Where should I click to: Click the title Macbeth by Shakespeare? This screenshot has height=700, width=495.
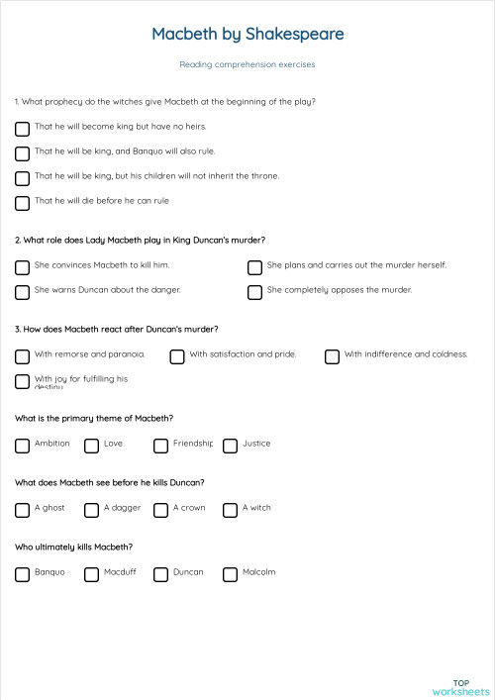[x=247, y=35]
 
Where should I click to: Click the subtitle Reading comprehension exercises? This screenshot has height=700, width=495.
[x=247, y=64]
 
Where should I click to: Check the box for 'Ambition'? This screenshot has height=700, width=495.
[x=22, y=446]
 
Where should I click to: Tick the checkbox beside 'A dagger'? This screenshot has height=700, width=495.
[x=91, y=510]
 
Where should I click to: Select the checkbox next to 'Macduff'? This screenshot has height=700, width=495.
[x=91, y=574]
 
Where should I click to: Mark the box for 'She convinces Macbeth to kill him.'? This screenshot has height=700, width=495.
[x=22, y=267]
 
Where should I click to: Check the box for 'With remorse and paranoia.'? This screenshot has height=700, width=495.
[x=22, y=356]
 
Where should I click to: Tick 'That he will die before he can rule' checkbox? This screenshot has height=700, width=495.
[x=22, y=203]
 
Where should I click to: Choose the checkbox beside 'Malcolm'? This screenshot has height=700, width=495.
[x=230, y=574]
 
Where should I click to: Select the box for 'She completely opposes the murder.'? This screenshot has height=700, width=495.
[x=254, y=292]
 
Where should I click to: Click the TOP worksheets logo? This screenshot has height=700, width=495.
[x=460, y=687]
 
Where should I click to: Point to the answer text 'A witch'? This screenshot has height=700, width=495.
[x=256, y=508]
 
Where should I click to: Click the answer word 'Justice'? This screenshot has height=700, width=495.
[x=256, y=444]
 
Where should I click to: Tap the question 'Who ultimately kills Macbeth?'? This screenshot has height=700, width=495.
[x=74, y=547]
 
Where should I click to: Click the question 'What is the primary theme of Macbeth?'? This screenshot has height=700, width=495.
[x=94, y=418]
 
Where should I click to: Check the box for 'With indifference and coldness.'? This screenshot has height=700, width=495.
[x=332, y=356]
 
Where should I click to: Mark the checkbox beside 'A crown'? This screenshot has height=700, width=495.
[x=160, y=510]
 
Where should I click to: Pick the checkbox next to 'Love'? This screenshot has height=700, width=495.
[x=91, y=446]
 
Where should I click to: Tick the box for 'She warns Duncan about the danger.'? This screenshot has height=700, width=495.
[x=22, y=292]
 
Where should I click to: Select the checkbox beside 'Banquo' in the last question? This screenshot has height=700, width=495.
[x=22, y=574]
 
